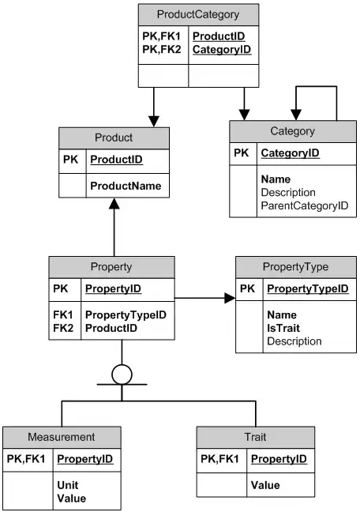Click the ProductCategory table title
(x=197, y=14)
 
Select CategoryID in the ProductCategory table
(x=222, y=50)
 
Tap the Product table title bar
(x=114, y=137)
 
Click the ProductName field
(x=126, y=186)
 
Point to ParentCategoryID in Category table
(x=304, y=205)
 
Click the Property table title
(x=112, y=267)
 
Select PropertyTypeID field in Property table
(x=126, y=314)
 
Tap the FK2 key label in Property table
(x=62, y=327)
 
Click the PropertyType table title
(x=294, y=267)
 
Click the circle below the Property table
(x=122, y=375)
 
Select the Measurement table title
(x=62, y=436)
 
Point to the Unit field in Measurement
(x=67, y=485)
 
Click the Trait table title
(x=256, y=436)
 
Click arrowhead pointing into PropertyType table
(x=230, y=299)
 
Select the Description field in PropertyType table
(x=294, y=341)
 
